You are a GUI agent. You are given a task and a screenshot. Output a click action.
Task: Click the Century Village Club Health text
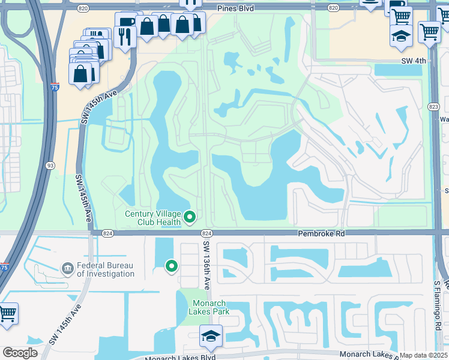152,218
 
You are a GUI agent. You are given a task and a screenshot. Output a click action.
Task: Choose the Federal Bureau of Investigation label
105,269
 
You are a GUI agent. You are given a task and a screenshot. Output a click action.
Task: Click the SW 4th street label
413,61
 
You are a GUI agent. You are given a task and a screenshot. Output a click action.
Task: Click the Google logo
20,353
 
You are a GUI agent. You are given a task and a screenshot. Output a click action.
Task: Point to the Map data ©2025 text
423,355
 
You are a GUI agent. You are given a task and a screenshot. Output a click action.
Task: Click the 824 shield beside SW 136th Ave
206,233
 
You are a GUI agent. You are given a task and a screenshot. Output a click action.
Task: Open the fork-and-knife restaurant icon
125,37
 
